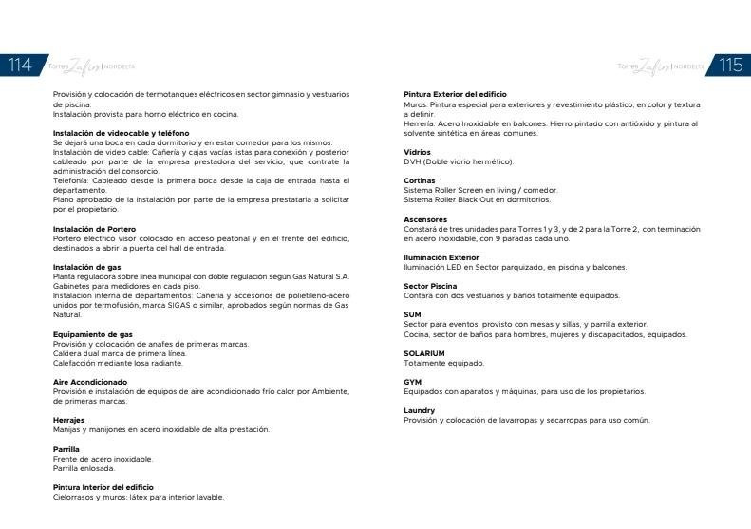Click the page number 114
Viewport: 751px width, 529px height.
click(20, 65)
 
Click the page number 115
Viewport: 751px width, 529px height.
click(731, 65)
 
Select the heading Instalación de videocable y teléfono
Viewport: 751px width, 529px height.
click(121, 133)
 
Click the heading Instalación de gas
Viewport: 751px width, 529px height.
click(86, 267)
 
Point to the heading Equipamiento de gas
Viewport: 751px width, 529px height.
click(92, 334)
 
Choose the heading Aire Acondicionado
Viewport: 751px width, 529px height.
click(90, 382)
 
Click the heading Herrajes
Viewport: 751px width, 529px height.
click(68, 420)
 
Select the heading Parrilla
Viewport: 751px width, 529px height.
click(66, 448)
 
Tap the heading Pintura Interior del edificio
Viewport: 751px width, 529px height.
click(103, 487)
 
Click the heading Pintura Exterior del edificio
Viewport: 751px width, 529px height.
click(455, 94)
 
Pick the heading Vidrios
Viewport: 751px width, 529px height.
click(417, 152)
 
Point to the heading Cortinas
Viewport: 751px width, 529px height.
click(419, 180)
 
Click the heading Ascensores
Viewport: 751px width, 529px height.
click(425, 219)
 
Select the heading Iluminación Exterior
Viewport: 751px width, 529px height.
click(441, 257)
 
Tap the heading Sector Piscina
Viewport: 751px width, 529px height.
click(430, 286)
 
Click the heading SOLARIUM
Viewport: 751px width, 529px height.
click(424, 353)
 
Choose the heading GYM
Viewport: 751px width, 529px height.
click(412, 382)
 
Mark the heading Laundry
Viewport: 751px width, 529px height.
click(419, 410)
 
